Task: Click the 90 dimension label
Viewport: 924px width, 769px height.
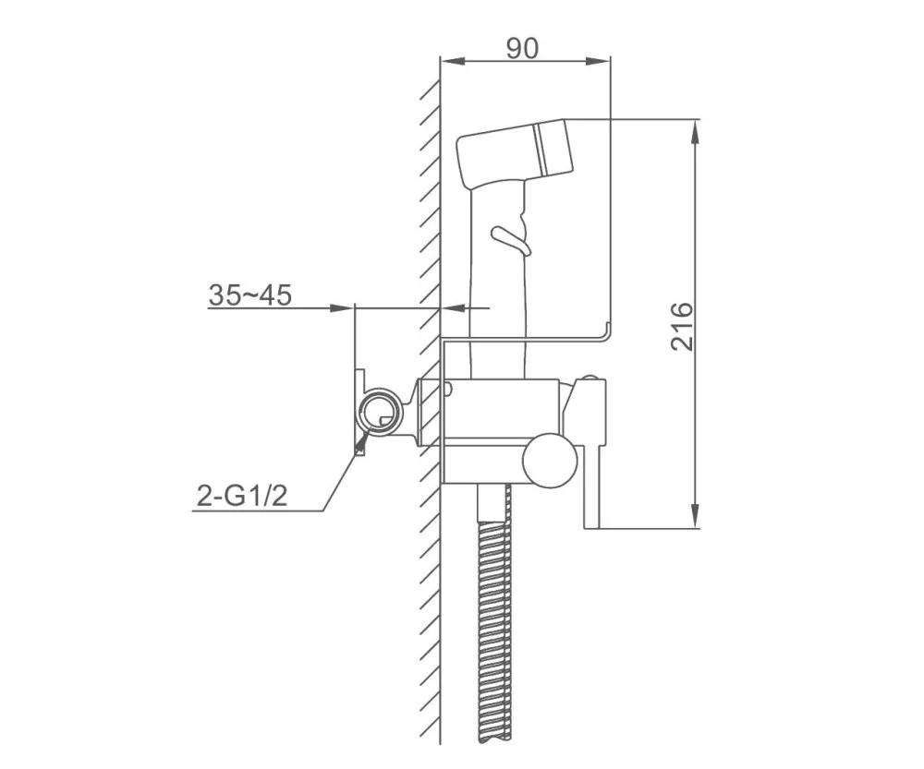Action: (x=522, y=48)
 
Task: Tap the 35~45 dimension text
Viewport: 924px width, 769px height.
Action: (x=250, y=294)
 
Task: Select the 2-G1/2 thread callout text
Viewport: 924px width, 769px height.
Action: (x=241, y=497)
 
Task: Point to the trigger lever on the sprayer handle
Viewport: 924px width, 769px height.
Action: (x=512, y=240)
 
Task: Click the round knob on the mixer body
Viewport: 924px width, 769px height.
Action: (x=551, y=461)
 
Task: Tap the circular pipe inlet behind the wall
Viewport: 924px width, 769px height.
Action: (x=379, y=413)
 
